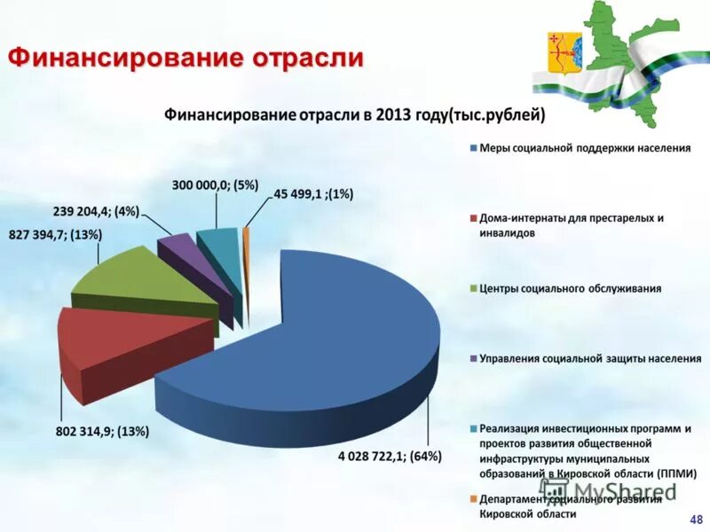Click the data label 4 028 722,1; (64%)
(390, 456)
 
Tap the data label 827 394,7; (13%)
(56, 234)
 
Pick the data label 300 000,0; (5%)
(215, 184)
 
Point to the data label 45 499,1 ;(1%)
(313, 194)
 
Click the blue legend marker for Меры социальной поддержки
(473, 148)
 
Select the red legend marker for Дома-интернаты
(473, 218)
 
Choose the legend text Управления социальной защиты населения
(590, 358)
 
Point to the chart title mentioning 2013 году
(353, 115)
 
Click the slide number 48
(695, 518)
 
